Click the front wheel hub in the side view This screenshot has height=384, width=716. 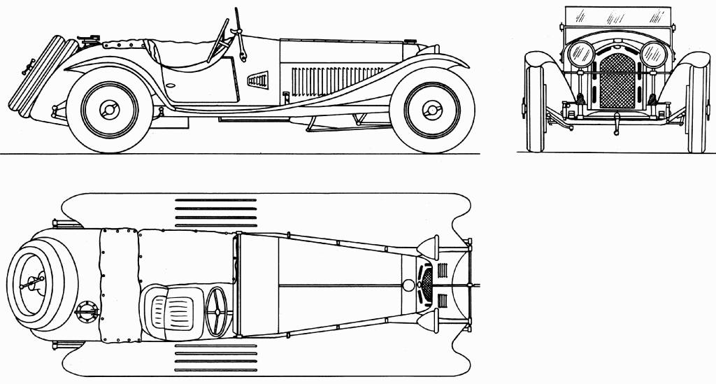pos(432,110)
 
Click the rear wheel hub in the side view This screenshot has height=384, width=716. pos(109,110)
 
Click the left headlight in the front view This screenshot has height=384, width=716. pos(580,54)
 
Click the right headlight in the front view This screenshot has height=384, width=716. pos(654,54)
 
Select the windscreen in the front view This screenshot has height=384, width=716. pos(617,17)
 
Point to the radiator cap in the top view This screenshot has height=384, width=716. pos(408,285)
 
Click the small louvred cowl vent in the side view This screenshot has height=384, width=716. pos(258,79)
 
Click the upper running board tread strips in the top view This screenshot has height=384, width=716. pos(215,213)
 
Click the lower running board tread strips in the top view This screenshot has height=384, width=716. pos(215,357)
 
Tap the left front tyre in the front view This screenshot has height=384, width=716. pos(536,105)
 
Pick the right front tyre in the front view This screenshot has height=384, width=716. pos(697,105)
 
